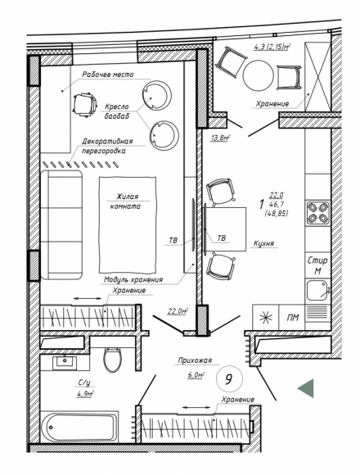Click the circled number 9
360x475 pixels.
(229, 378)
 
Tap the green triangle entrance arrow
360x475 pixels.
(307, 388)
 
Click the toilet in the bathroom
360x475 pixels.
(113, 359)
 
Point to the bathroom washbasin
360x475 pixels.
(65, 363)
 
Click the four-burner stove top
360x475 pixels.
(317, 213)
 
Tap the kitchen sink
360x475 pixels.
(317, 290)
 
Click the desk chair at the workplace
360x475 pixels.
(86, 104)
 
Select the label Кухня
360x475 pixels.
(263, 243)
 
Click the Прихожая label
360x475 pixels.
(195, 360)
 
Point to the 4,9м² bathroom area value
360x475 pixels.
(85, 394)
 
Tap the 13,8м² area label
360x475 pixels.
(221, 138)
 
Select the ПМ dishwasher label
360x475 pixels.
(293, 318)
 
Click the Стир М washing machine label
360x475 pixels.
(317, 265)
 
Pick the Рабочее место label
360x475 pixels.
(108, 75)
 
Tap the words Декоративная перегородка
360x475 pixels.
(108, 146)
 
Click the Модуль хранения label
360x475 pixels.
(133, 279)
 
